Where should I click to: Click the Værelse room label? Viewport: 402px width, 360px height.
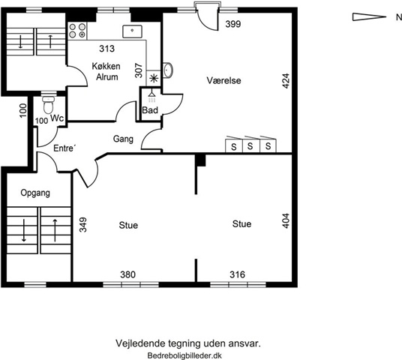(x=223, y=80)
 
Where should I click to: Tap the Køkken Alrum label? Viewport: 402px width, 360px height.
(x=106, y=71)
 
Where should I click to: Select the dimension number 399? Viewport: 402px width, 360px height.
(x=233, y=24)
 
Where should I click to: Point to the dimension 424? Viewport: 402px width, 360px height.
(x=286, y=81)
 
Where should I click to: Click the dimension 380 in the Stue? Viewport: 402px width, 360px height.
(x=127, y=274)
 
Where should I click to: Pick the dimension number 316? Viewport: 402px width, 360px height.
(x=237, y=274)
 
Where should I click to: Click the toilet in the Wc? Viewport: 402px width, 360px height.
(x=48, y=105)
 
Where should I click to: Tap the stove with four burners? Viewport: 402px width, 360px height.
(x=77, y=31)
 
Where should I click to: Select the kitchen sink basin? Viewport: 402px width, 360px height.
(x=132, y=31)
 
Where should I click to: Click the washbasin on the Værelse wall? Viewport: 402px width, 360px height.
(x=168, y=70)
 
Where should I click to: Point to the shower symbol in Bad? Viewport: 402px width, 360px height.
(x=151, y=96)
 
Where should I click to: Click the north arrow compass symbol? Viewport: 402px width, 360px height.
(x=369, y=17)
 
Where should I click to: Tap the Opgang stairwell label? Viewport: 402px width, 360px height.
(x=35, y=193)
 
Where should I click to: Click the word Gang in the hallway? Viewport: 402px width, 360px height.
(x=123, y=139)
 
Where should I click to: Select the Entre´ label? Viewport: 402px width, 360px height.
(x=64, y=148)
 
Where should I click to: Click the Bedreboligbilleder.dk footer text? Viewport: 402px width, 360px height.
(x=184, y=355)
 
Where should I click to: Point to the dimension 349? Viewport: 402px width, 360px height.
(x=82, y=225)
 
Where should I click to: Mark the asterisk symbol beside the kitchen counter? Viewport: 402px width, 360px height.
(x=154, y=79)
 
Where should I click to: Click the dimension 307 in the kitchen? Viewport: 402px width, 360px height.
(x=139, y=70)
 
